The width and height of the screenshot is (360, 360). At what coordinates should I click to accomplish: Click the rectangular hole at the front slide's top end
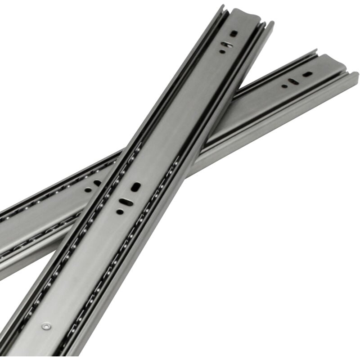click(234, 33)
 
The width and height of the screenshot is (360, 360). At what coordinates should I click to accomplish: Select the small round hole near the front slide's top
click(222, 52)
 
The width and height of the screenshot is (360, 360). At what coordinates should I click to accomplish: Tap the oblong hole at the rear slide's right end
click(308, 73)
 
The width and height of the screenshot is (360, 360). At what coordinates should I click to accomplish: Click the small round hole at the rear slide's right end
click(284, 86)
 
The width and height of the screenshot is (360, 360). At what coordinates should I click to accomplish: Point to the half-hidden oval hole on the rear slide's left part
click(97, 183)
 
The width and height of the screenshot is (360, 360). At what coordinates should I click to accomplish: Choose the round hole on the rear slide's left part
click(88, 189)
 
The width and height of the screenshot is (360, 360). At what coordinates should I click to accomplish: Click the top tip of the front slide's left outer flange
click(222, 7)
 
